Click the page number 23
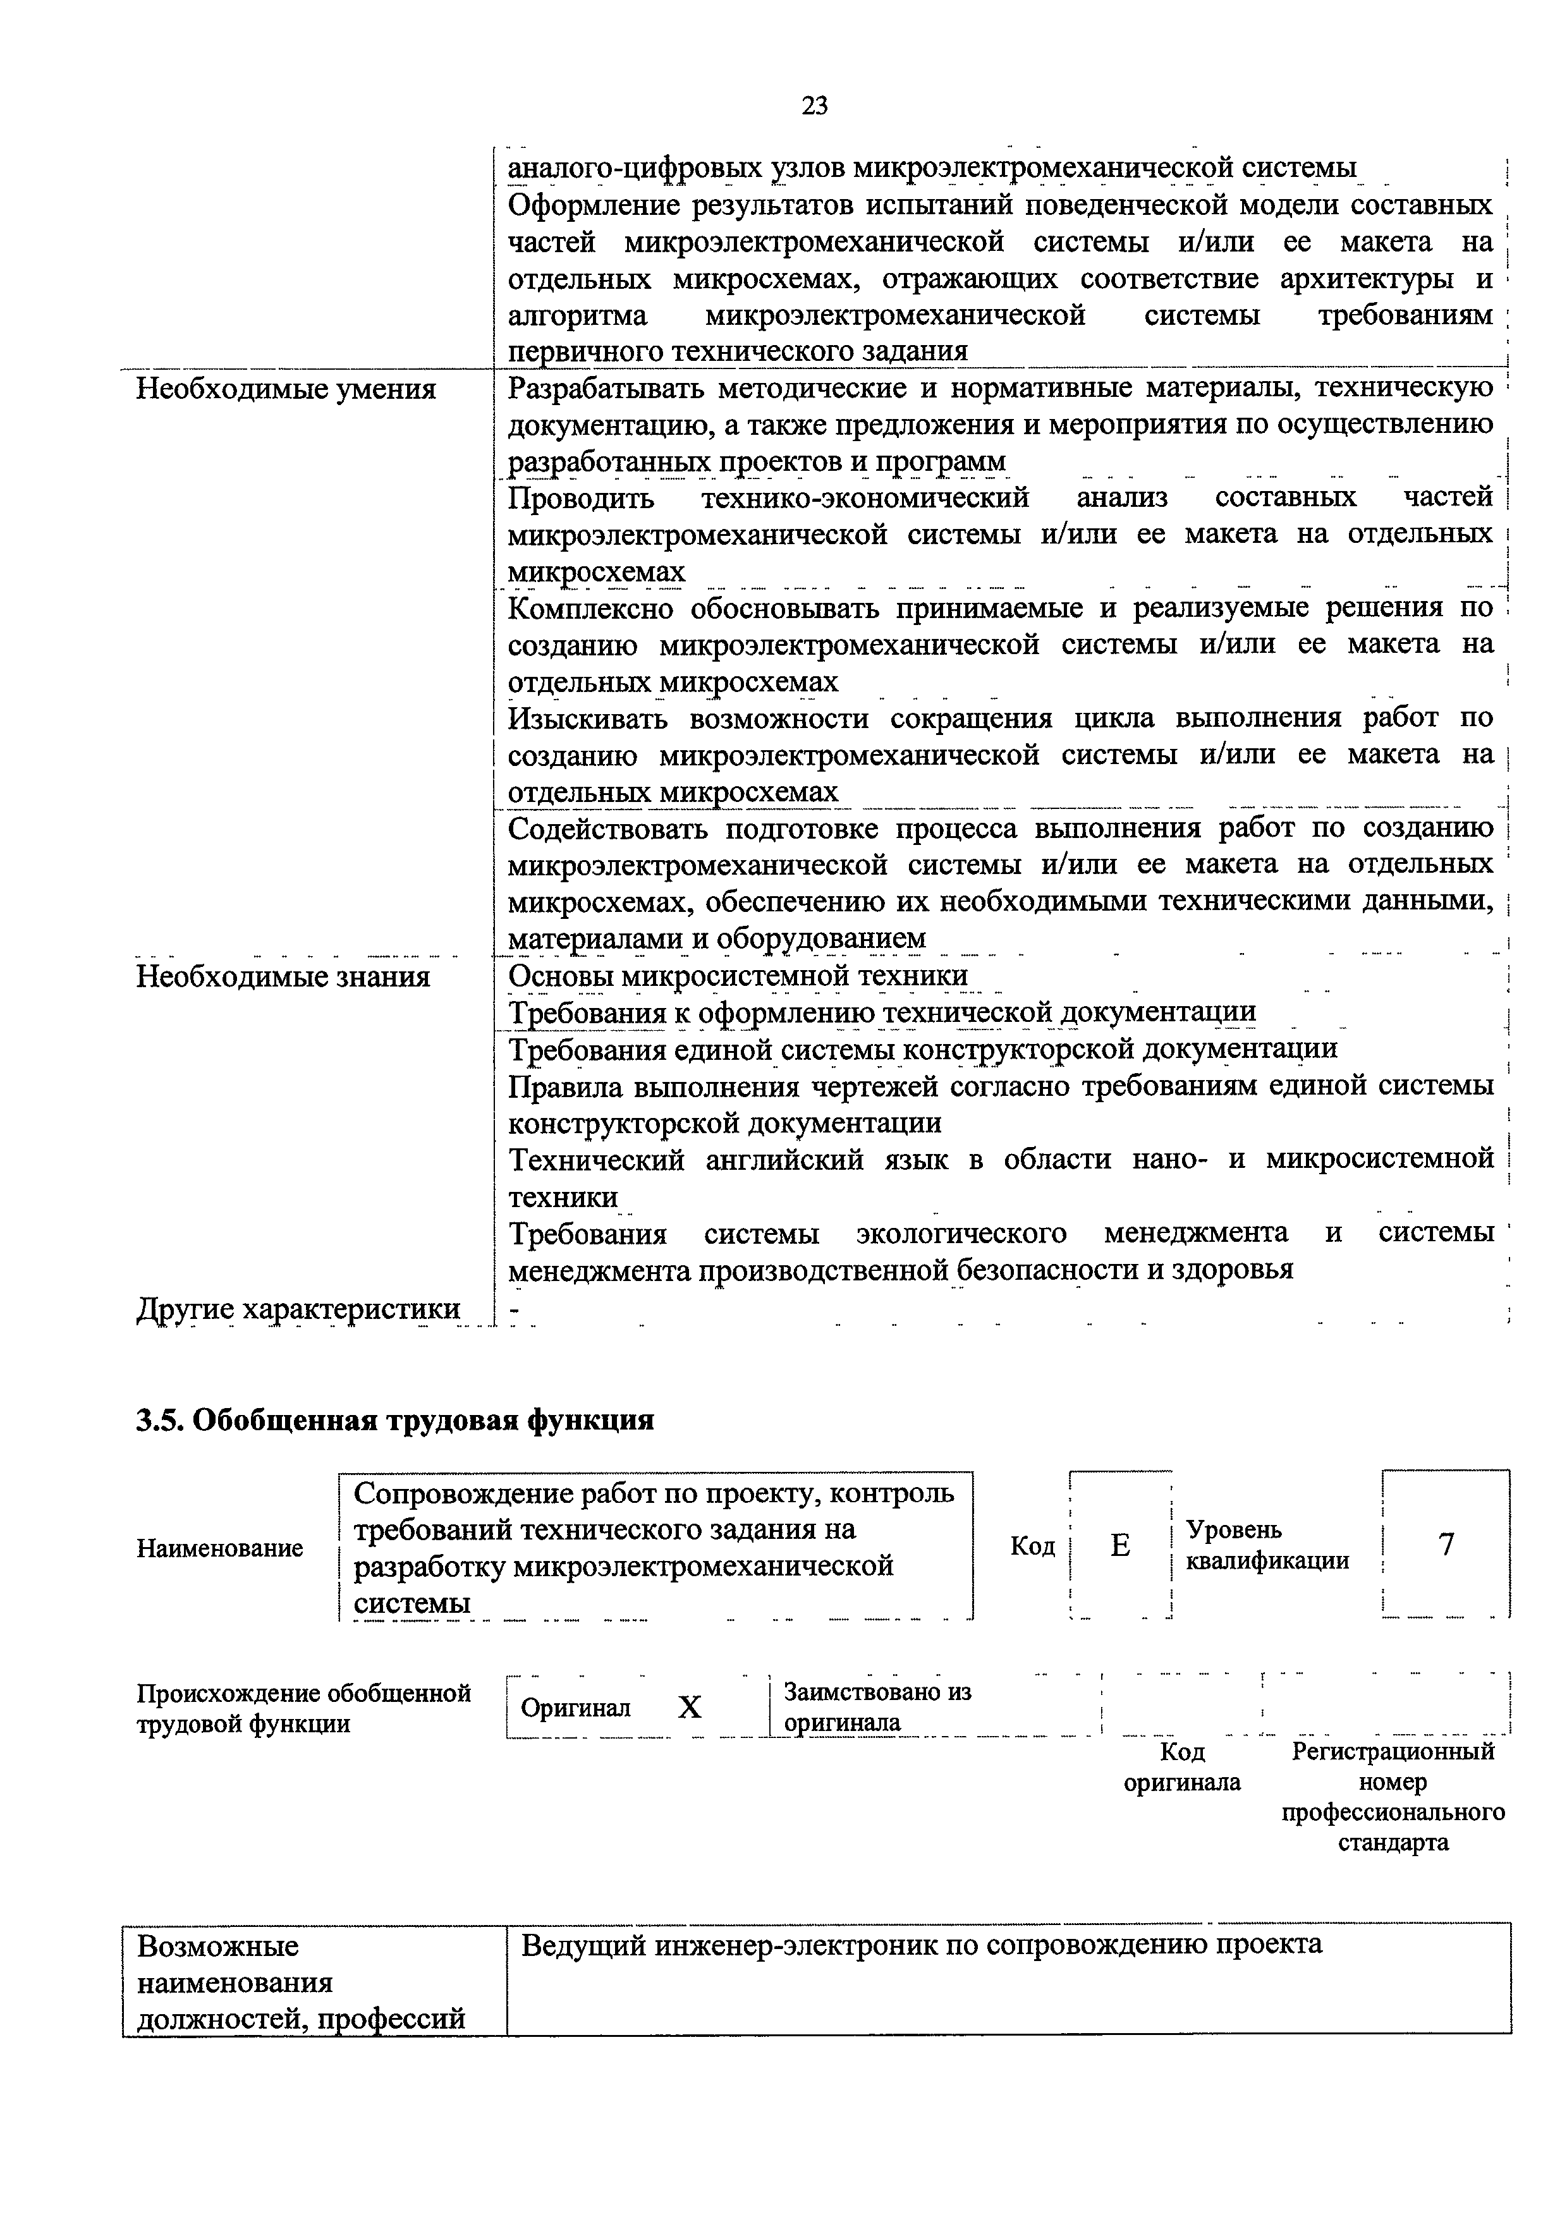click(814, 106)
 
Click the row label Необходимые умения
click(286, 389)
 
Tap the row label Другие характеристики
click(298, 1309)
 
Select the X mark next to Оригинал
click(690, 1708)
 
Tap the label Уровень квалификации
click(1267, 1545)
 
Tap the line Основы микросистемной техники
click(738, 976)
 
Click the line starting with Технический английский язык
click(1000, 1158)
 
